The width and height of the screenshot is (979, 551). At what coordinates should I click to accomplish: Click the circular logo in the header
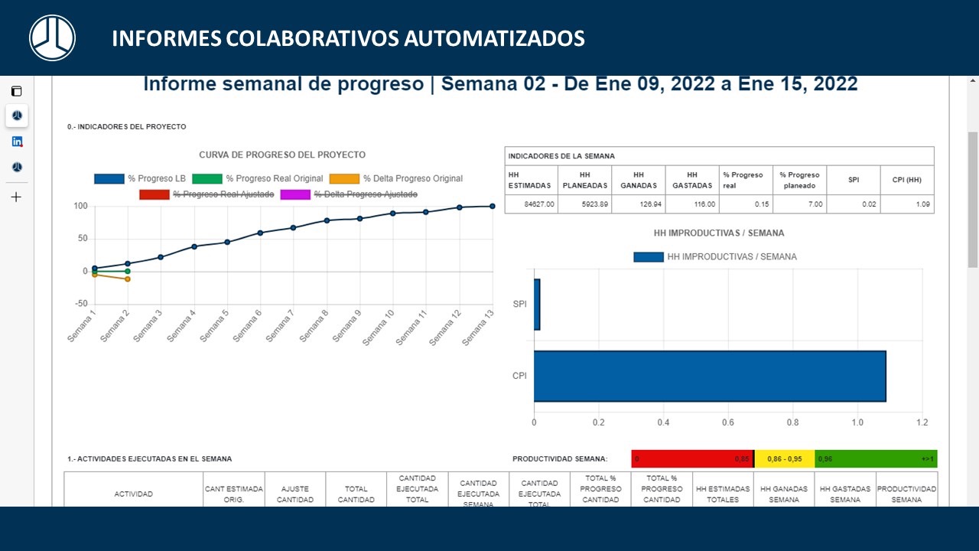click(x=52, y=37)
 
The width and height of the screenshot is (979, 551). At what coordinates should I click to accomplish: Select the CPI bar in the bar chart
click(x=709, y=376)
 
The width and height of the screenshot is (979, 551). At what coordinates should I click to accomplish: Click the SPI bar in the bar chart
click(x=537, y=305)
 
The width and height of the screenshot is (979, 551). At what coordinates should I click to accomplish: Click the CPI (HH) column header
click(x=906, y=181)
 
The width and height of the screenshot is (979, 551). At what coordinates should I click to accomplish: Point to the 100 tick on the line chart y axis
click(x=80, y=206)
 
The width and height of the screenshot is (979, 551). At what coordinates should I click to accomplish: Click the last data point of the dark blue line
click(x=492, y=206)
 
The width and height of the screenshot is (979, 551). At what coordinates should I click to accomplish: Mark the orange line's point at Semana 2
click(x=127, y=279)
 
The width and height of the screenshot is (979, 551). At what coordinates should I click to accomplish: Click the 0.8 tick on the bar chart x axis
click(x=792, y=422)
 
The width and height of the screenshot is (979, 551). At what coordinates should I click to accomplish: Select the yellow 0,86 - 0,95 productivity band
click(x=785, y=459)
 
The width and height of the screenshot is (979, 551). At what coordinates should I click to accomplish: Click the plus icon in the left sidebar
click(x=16, y=197)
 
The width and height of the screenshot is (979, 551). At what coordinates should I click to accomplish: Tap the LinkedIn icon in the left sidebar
click(x=17, y=142)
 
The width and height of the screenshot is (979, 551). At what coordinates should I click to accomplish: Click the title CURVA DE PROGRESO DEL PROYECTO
click(x=282, y=155)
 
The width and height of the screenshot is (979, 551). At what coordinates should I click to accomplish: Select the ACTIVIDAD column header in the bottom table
click(x=133, y=494)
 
